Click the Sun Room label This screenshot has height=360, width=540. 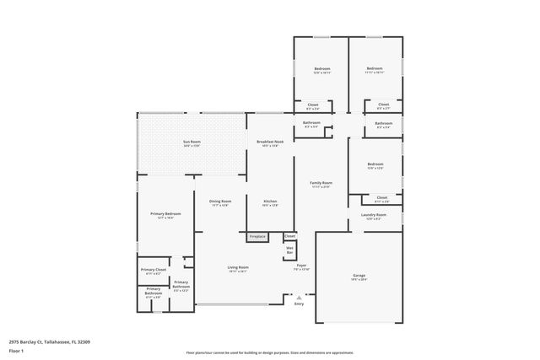(x=192, y=142)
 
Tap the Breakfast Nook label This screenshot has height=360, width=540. (x=270, y=142)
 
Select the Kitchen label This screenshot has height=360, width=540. (x=270, y=201)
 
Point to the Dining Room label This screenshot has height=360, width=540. (x=220, y=201)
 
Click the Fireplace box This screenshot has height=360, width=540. (x=257, y=236)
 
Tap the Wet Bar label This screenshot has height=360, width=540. (x=289, y=250)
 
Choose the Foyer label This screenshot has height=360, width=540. (x=301, y=266)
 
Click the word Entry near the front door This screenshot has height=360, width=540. (x=299, y=304)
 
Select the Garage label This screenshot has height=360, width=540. (x=359, y=276)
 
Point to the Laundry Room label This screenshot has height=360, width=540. (x=373, y=214)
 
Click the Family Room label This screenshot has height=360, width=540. (x=321, y=182)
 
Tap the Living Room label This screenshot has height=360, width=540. (x=238, y=267)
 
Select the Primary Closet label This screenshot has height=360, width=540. (x=154, y=270)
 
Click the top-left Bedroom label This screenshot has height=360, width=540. (x=322, y=68)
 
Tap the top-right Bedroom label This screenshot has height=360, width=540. (x=375, y=68)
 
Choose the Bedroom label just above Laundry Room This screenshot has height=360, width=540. (x=375, y=164)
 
